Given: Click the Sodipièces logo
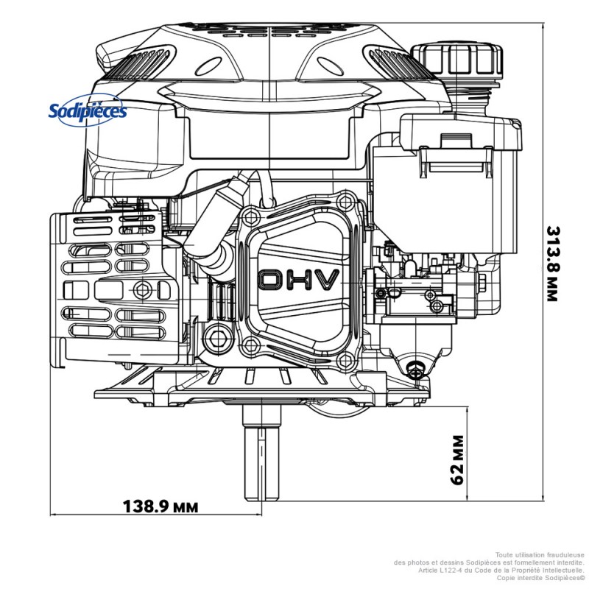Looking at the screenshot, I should pos(88,110).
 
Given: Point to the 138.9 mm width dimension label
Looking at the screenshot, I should pos(160,507).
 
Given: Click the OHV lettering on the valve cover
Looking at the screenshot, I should pos(299,280).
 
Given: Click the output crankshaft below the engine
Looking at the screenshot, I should pos(263,456).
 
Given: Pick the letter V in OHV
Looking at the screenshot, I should pos(326,280).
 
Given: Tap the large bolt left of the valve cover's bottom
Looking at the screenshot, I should pos(216,338).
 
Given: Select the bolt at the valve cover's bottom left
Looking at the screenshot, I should pos(253,343).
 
